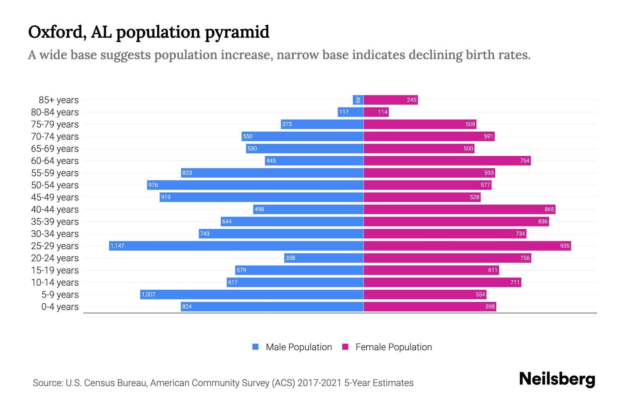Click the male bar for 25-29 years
click(236, 246)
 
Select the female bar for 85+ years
click(391, 100)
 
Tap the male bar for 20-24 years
click(324, 258)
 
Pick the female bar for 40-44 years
click(459, 209)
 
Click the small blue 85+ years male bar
click(358, 100)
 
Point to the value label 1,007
click(148, 294)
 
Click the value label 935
click(565, 246)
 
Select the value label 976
click(153, 185)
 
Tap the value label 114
click(383, 112)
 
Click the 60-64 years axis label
click(55, 161)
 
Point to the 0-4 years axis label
click(60, 306)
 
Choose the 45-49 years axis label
click(55, 197)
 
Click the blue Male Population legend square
click(256, 347)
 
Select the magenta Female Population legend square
click(345, 347)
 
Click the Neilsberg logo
click(557, 379)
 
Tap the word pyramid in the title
click(237, 32)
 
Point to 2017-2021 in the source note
click(319, 383)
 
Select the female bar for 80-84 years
click(376, 112)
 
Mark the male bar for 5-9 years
click(252, 294)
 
